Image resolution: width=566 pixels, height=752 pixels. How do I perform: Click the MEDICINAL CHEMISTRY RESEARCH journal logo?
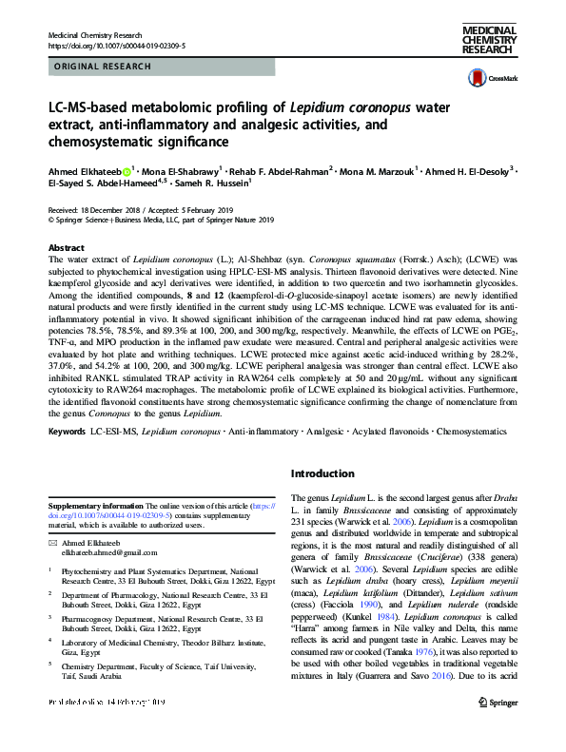pyautogui.click(x=489, y=42)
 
